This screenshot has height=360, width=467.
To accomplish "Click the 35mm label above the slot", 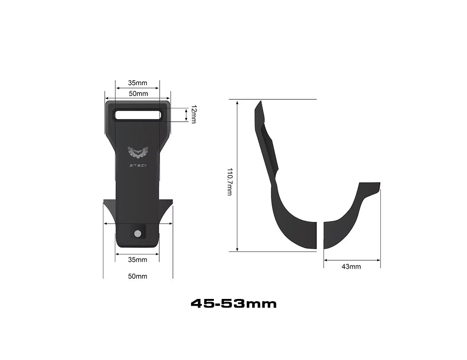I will click(137, 83).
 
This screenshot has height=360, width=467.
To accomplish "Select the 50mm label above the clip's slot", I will click(138, 94).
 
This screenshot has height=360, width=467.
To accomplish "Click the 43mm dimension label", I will click(351, 267).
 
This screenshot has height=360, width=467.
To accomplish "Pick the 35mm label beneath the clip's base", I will click(137, 260).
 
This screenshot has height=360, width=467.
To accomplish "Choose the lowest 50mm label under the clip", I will click(137, 276).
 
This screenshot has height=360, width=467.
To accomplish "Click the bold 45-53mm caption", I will click(233, 303).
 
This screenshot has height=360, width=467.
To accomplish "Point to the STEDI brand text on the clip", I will click(137, 165).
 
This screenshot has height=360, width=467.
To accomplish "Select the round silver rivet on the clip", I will click(138, 234).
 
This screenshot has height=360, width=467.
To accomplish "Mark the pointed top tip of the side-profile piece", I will click(259, 103).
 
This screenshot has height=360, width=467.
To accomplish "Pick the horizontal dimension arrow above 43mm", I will click(352, 260).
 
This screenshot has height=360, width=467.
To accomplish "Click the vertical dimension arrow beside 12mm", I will click(187, 115).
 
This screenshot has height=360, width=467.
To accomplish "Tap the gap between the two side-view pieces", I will click(320, 235).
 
